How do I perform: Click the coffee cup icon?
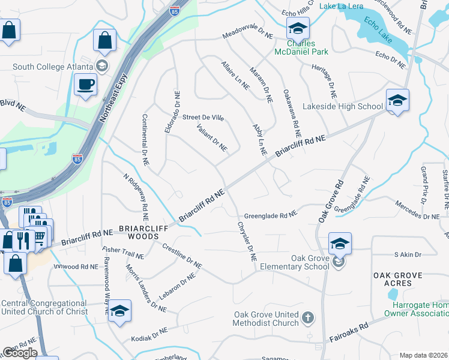click(x=85, y=84)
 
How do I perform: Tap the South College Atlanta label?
click(x=52, y=66)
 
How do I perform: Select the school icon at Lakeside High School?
click(x=397, y=101)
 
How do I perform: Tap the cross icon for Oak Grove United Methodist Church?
click(x=307, y=317)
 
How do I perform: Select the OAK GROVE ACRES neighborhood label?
click(x=406, y=280)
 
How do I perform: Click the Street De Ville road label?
click(x=203, y=118)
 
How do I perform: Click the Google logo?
click(x=19, y=353)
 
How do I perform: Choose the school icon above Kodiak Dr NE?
click(x=119, y=311)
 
